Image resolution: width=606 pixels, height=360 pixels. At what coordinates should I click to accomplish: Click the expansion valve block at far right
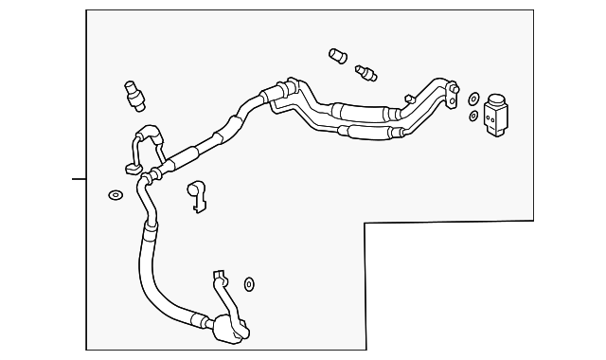pos(497,113)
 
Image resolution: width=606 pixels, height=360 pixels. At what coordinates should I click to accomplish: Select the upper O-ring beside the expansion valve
pos(473,98)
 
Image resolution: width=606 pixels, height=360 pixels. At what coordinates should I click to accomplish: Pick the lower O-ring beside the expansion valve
pos(473,116)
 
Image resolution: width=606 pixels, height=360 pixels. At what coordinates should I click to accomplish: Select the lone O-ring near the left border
pos(115,196)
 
